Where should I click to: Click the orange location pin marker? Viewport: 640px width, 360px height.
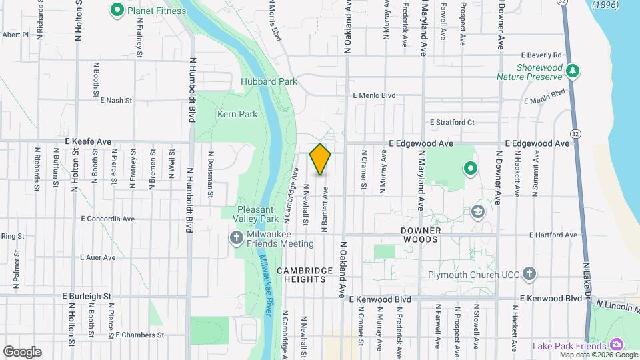pos(321,159)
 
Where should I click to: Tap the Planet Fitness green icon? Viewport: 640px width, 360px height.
pos(117,10)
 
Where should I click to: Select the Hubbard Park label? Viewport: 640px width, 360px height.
pos(269,81)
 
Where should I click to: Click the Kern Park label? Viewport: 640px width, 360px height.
pos(237,114)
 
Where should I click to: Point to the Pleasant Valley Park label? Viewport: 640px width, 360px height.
pos(258,213)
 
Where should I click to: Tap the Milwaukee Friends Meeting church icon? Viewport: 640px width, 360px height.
pos(237,238)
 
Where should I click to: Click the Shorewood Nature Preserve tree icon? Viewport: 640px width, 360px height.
pos(572,70)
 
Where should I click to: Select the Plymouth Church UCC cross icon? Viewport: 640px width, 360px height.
pos(529,274)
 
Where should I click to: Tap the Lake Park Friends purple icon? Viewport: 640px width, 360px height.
pos(617,345)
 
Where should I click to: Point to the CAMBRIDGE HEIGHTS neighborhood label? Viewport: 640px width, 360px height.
pos(305,275)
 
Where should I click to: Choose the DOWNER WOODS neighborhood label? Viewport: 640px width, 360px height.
pos(421,235)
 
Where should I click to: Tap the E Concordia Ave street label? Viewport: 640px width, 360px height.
pos(108,218)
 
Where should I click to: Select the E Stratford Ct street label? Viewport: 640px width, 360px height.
pos(452,122)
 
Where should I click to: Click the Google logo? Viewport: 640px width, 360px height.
pos(22,351)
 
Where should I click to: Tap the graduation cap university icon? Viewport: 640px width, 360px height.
pos(477,212)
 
